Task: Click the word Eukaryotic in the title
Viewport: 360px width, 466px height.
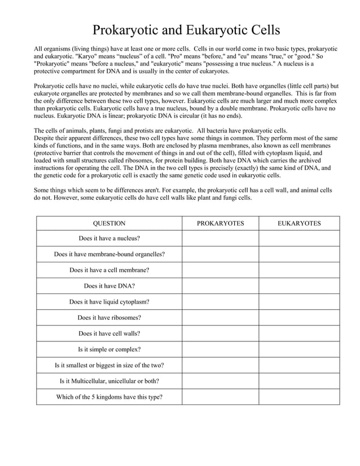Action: click(208, 30)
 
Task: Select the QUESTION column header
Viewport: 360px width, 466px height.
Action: click(109, 223)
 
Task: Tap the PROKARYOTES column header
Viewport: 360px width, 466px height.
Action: click(220, 223)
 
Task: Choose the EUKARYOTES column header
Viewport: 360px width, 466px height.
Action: click(299, 223)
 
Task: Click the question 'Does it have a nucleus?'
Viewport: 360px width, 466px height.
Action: click(109, 238)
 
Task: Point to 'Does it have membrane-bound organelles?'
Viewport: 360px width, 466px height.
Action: click(109, 254)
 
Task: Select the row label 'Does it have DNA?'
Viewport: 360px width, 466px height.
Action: click(109, 285)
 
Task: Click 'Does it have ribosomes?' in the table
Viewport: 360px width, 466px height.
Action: click(109, 317)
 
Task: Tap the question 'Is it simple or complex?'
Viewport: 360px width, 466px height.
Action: click(109, 349)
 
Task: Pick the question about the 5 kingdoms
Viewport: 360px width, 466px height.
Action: click(109, 397)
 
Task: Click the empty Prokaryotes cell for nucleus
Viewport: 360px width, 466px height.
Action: click(220, 238)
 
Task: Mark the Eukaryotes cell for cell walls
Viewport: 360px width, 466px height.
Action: click(299, 333)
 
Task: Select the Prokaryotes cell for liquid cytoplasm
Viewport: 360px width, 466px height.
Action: click(220, 301)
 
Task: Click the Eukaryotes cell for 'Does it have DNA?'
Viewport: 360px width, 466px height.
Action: click(299, 285)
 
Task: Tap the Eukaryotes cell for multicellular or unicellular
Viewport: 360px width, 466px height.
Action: click(299, 381)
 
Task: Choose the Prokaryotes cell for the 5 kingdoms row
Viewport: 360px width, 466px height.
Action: click(220, 397)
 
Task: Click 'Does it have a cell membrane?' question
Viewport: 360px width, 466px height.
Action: click(109, 270)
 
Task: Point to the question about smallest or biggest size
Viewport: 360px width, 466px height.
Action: click(109, 365)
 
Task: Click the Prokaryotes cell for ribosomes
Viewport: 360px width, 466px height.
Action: click(220, 317)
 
